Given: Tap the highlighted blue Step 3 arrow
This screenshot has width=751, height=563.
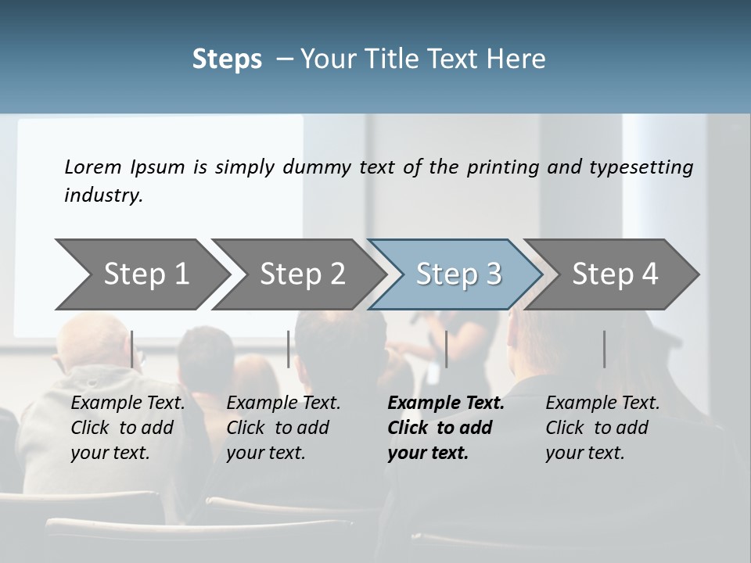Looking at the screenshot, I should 458,274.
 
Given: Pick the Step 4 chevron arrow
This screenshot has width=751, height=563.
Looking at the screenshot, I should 615,274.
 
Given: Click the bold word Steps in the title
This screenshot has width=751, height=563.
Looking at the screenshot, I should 227,59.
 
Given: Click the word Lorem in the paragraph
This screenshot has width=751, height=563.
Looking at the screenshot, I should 93,167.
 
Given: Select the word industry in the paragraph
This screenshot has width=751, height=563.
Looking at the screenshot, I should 102,195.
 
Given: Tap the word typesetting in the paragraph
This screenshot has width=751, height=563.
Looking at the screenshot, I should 641,167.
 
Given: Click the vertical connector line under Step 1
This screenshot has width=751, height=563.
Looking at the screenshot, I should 132,349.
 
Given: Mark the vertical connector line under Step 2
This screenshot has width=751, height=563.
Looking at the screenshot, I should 289,349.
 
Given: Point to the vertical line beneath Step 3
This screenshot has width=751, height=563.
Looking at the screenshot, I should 446,349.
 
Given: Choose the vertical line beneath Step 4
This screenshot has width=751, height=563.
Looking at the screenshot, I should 604,349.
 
